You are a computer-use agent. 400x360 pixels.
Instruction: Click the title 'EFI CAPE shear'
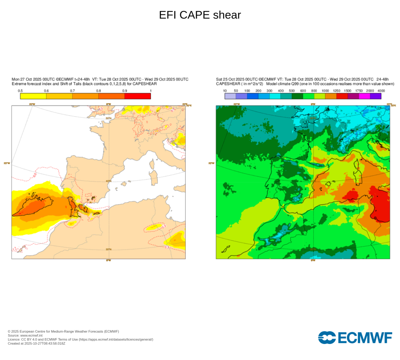tap(200, 15)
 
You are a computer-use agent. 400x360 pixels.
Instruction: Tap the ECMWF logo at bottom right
tap(355, 338)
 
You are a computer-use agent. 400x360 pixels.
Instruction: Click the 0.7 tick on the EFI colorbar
tap(72, 91)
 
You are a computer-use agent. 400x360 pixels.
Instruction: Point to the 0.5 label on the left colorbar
tap(20, 91)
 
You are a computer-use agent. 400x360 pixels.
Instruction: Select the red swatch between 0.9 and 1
tap(137, 96)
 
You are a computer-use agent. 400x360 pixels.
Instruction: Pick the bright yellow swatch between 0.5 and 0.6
tap(33, 96)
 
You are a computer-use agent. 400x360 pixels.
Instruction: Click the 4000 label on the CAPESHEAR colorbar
tap(381, 91)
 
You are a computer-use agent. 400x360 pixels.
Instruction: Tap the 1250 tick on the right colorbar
tap(336, 91)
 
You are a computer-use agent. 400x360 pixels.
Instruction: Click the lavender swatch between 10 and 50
tap(230, 96)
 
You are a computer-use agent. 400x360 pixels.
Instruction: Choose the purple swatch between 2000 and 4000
tap(376, 96)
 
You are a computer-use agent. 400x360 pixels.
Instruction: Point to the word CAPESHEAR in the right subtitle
tap(227, 84)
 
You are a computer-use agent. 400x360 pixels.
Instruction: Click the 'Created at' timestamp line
tap(36, 344)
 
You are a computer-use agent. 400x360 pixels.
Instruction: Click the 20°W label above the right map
tap(236, 104)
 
